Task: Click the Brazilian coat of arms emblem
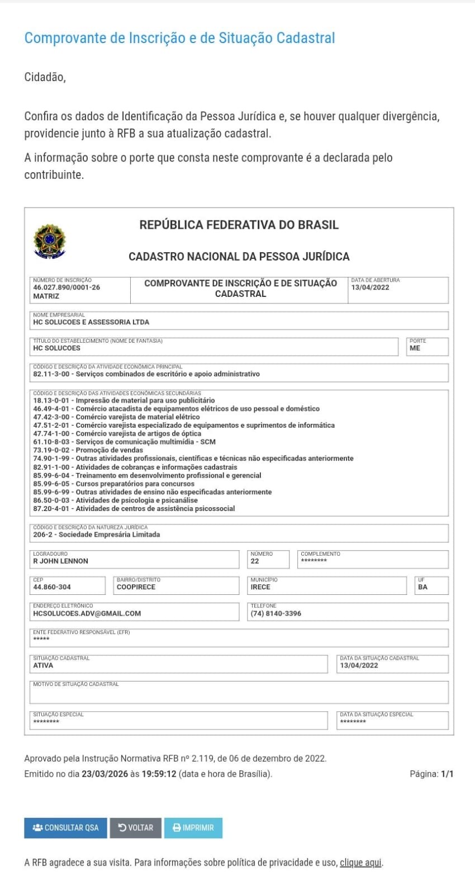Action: pyautogui.click(x=50, y=242)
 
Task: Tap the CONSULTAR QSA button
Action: pyautogui.click(x=65, y=827)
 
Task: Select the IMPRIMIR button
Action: pyautogui.click(x=193, y=827)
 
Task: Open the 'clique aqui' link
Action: pyautogui.click(x=360, y=862)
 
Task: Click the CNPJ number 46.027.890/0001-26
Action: pyautogui.click(x=66, y=287)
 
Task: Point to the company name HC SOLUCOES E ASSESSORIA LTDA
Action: pyautogui.click(x=91, y=322)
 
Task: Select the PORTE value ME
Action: pyautogui.click(x=415, y=348)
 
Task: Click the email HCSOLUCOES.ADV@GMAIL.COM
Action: pyautogui.click(x=87, y=613)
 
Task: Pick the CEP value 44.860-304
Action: pyautogui.click(x=52, y=587)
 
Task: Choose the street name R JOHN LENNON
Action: pyautogui.click(x=60, y=561)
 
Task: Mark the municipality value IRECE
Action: pyautogui.click(x=260, y=587)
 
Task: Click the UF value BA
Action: pyautogui.click(x=422, y=587)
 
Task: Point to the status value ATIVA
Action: pyautogui.click(x=43, y=665)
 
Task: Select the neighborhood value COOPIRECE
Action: pyautogui.click(x=136, y=587)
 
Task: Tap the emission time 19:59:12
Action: pyautogui.click(x=159, y=774)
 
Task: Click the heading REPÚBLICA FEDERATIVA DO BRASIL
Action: pyautogui.click(x=239, y=225)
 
